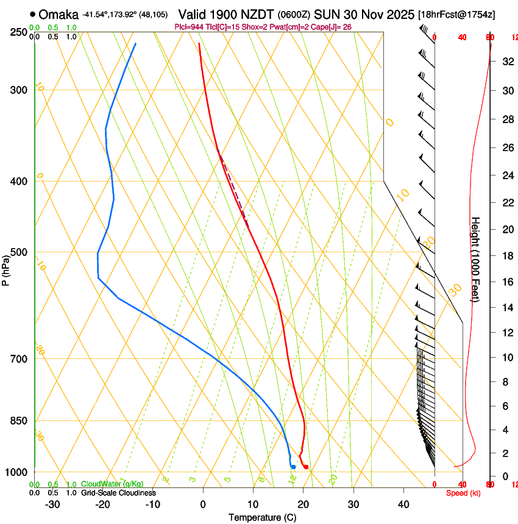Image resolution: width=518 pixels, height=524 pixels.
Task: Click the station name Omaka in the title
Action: coord(59,14)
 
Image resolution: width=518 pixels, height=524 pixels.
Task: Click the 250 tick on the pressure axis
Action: coord(18,32)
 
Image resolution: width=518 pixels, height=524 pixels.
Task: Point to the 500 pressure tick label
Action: coord(18,252)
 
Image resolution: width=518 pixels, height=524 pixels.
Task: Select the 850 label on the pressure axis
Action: coord(18,420)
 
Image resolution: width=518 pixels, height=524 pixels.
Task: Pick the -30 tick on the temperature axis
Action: coord(52,505)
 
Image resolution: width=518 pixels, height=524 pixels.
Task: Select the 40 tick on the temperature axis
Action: coord(403,505)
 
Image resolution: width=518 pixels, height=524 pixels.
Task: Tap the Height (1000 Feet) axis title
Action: coord(476,259)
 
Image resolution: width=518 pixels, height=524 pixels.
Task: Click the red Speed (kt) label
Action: coord(463,493)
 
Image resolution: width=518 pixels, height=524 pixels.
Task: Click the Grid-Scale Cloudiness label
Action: coord(118,492)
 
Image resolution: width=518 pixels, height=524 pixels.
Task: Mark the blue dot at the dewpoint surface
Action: coord(293,467)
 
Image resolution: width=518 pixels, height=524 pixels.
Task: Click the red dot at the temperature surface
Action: coord(306,467)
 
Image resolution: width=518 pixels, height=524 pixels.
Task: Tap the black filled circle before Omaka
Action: coord(32,14)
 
